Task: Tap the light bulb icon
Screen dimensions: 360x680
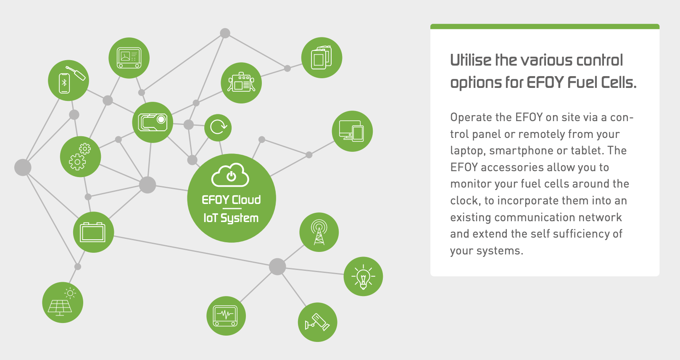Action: point(363,276)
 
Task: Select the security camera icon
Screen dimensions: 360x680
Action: point(317,322)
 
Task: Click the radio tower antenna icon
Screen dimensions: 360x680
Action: point(319,232)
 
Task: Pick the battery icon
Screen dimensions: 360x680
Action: point(93,232)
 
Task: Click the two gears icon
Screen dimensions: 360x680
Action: point(80,156)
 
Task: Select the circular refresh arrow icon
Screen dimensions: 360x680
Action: point(218,127)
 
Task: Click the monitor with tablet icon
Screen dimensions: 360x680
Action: point(352,131)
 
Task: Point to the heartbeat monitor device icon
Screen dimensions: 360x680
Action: point(226,316)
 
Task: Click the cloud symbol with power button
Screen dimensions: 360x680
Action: point(230,175)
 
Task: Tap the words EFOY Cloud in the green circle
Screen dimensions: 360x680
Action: point(231,200)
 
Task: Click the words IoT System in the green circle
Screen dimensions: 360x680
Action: point(231,218)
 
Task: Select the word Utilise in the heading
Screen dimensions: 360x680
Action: point(471,60)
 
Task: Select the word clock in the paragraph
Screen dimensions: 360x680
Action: point(465,201)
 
